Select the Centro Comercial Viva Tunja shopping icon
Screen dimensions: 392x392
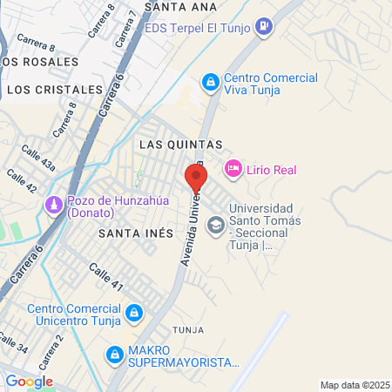[210, 83]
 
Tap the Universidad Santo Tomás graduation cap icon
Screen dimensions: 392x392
[214, 226]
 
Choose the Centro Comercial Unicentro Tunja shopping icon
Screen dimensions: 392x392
[133, 312]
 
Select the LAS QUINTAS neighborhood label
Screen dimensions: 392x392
[181, 144]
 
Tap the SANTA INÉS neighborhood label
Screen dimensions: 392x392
[132, 233]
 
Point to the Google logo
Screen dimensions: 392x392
[29, 382]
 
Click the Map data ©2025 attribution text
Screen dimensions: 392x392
[354, 385]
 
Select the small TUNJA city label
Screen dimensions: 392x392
[187, 331]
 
